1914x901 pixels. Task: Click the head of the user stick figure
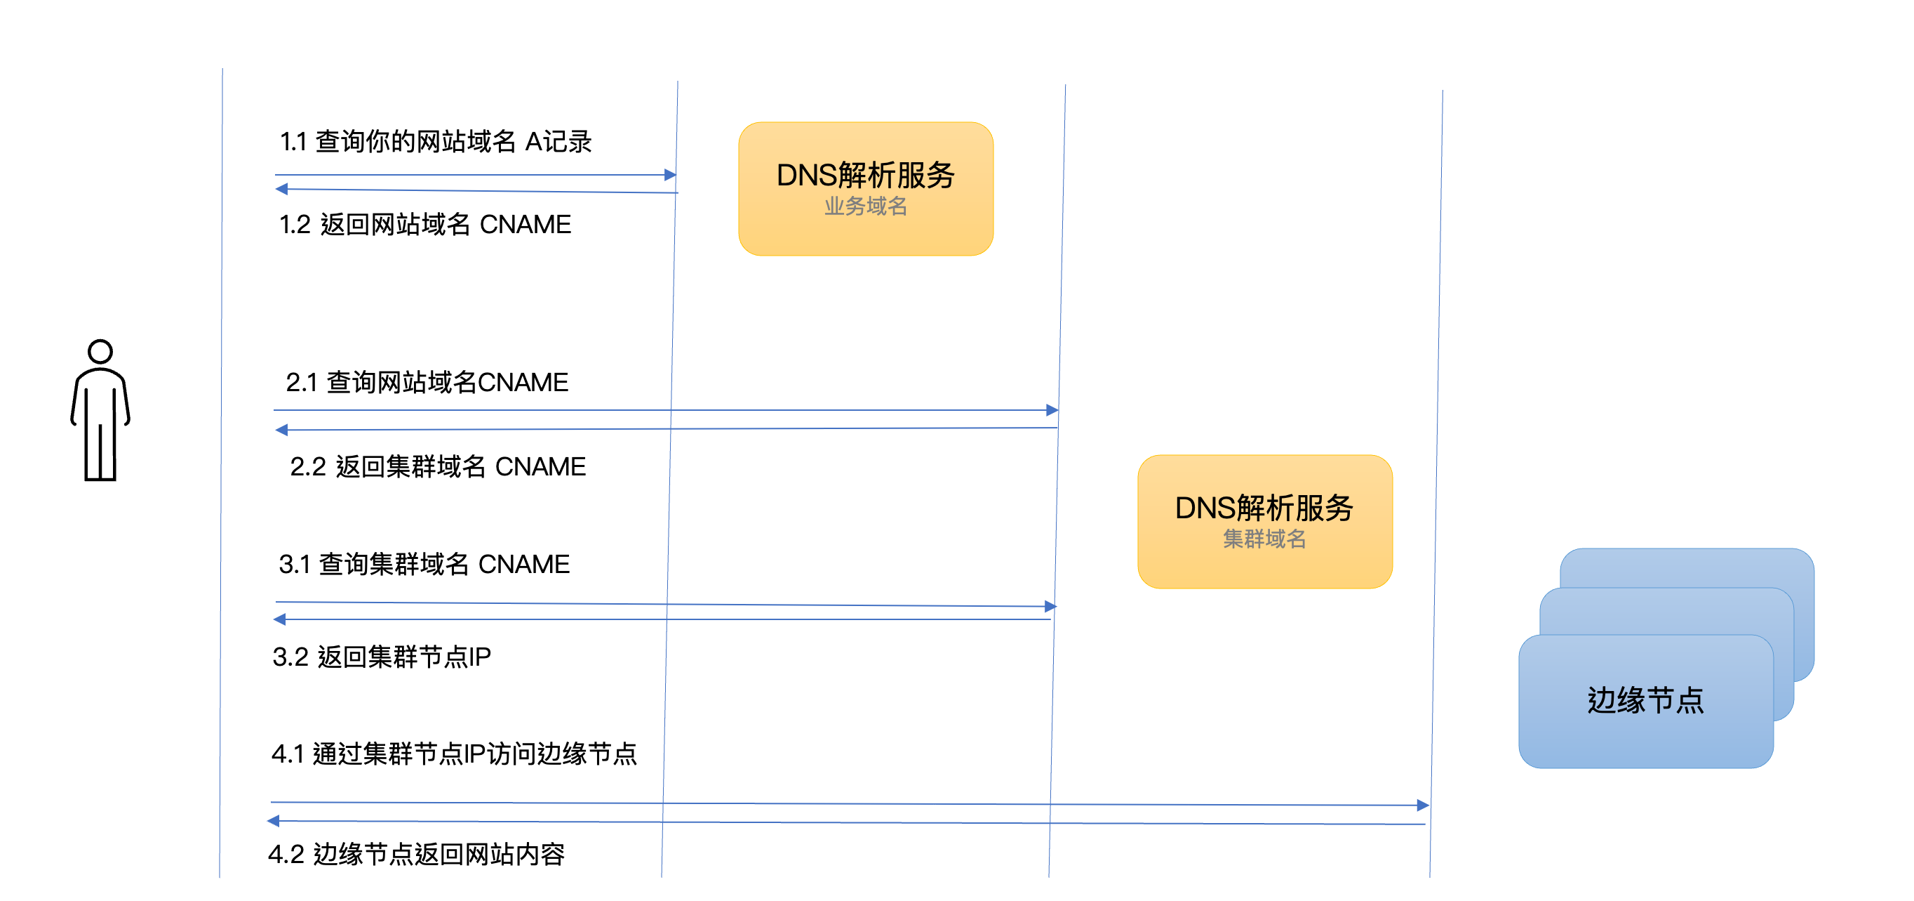pos(100,352)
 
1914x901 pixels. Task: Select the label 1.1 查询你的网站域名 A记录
pos(436,141)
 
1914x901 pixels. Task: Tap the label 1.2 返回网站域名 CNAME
pos(425,225)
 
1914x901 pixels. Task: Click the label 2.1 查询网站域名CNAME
pos(427,382)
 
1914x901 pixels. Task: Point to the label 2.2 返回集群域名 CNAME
pos(438,467)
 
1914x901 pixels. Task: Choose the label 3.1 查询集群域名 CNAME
pos(424,564)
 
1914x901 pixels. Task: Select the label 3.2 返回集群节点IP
pos(381,657)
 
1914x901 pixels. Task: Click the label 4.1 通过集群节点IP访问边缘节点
pos(454,754)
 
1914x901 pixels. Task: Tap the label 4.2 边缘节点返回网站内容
pos(416,854)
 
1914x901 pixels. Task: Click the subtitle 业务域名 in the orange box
pos(866,206)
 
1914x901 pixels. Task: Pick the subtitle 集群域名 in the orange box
pos(1264,539)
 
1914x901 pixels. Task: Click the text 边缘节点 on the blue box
pos(1645,700)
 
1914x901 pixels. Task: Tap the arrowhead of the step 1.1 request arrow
pos(670,176)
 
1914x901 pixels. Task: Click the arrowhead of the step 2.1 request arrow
pos(1052,410)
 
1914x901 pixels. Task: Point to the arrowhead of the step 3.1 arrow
pos(1050,607)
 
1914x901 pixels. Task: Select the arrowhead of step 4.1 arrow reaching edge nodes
pos(1423,805)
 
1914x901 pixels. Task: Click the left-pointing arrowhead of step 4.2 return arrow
pos(274,821)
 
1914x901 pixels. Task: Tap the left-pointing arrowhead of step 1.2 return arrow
pos(281,189)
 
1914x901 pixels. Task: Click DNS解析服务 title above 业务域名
pos(866,176)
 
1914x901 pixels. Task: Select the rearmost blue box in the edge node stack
pos(1709,567)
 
